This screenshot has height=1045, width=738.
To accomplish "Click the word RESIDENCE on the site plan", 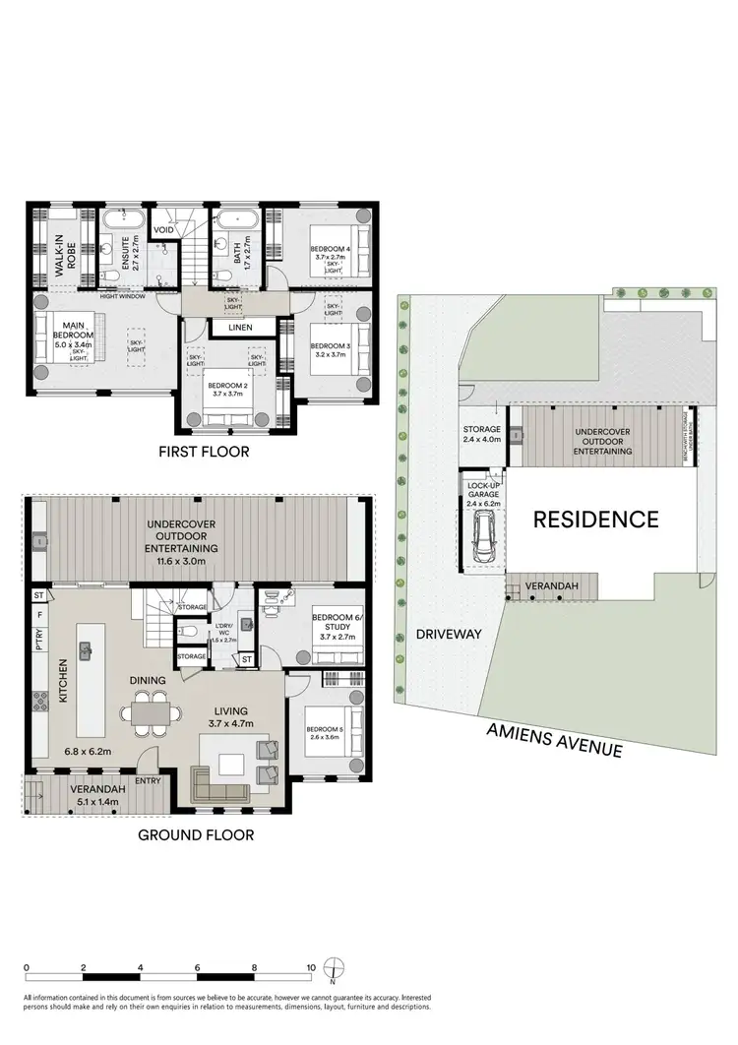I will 595,520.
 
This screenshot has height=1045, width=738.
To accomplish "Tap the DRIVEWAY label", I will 448,634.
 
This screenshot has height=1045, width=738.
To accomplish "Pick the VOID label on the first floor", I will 163,230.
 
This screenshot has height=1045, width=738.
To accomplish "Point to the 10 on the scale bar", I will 311,967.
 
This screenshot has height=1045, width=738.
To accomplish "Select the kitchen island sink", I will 87,648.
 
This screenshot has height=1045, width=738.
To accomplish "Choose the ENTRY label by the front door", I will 148,781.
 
